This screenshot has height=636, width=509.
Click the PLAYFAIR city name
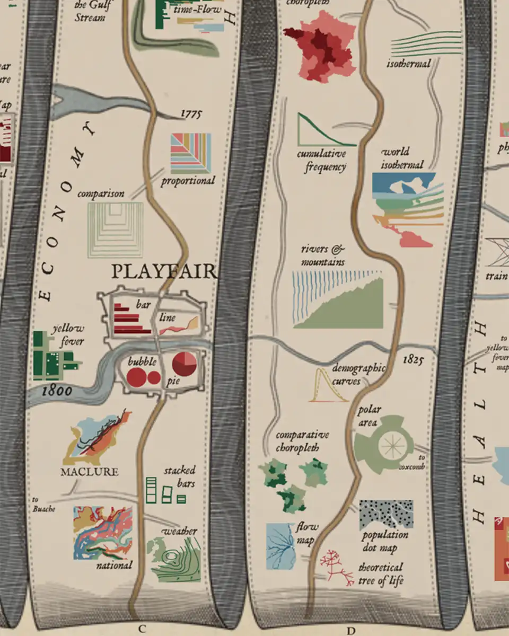click(164, 271)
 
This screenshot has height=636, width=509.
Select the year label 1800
click(57, 391)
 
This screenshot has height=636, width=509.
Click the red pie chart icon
click(185, 364)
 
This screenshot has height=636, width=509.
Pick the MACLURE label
click(89, 471)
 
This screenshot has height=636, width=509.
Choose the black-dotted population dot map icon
click(385, 514)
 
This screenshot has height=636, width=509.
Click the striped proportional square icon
click(190, 153)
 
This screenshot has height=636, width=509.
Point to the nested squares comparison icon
click(116, 229)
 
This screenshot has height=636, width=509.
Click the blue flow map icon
click(281, 546)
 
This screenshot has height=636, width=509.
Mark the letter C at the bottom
click(142, 629)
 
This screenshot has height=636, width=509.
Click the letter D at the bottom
click(350, 630)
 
